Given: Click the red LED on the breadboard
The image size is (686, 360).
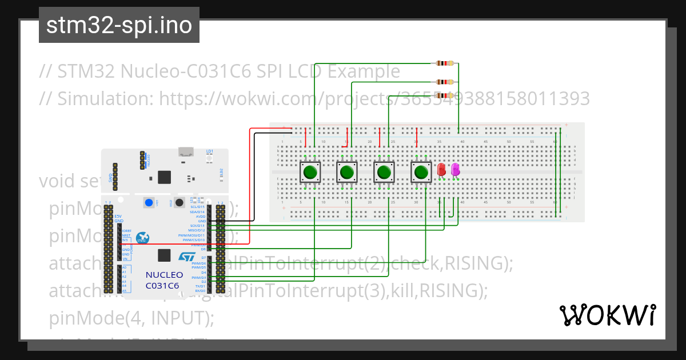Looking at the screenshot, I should [x=441, y=170].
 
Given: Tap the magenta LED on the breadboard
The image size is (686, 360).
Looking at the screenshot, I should [x=455, y=170].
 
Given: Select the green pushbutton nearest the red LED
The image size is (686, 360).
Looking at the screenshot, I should [x=421, y=171].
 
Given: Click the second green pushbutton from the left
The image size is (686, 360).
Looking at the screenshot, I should [x=346, y=171].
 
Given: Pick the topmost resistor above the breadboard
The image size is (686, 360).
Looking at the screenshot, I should [x=444, y=63].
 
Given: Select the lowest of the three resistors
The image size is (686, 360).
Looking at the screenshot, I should [x=444, y=95].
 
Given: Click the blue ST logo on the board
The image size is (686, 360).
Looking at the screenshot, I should [x=187, y=257].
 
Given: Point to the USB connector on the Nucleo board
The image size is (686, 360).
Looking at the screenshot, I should [x=185, y=152].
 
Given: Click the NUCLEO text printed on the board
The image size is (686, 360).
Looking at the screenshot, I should [x=164, y=275].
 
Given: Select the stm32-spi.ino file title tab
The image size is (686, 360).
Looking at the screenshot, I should [x=119, y=26].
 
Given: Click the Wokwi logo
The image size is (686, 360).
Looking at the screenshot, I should [x=607, y=315].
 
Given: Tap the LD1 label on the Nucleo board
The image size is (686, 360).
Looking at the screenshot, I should [x=209, y=151].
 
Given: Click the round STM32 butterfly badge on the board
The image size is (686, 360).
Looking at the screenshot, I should [x=143, y=238].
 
